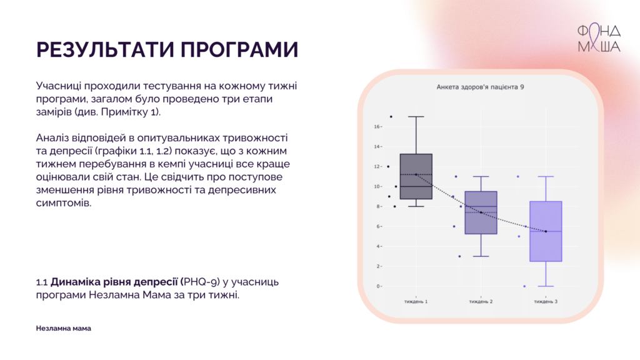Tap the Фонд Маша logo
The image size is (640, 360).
pos(599,38)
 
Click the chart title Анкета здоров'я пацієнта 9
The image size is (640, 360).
pos(480,87)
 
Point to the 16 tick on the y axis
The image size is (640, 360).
pos(377,127)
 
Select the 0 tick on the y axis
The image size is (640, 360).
pos(379,286)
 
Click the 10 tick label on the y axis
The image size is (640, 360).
pos(377,186)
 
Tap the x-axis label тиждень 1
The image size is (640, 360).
pos(416,302)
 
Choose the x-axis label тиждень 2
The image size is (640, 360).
pos(481,302)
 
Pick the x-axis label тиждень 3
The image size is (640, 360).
pos(546,302)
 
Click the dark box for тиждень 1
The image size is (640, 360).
pos(416,176)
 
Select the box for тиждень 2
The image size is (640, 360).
pos(481,212)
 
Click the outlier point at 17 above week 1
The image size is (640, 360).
pos(391,116)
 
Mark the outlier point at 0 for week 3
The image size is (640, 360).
pos(524,286)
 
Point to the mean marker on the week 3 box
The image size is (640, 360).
pos(546,231)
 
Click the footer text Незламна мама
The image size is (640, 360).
pos(63,328)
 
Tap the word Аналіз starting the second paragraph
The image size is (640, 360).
pos(52,137)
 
